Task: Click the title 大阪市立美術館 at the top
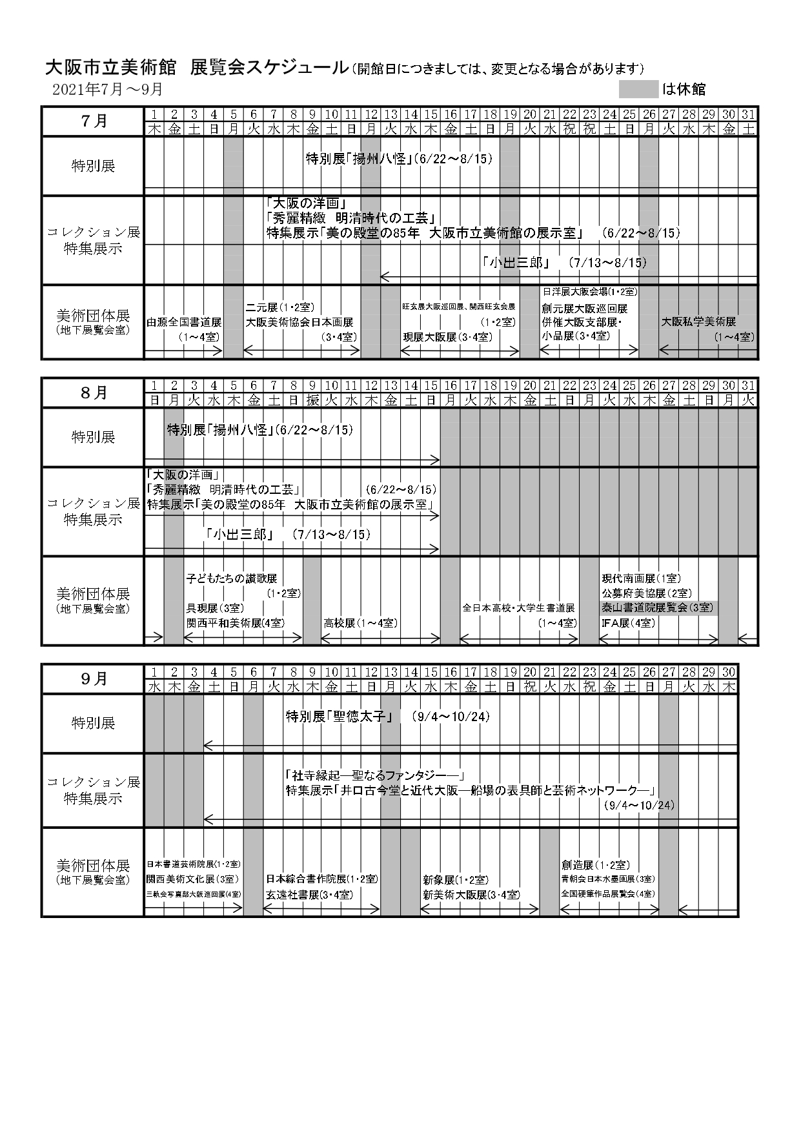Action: click(112, 68)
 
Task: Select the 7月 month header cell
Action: click(94, 121)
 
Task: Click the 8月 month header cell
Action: click(94, 393)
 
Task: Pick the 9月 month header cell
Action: click(94, 679)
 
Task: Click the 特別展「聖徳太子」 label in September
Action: click(343, 716)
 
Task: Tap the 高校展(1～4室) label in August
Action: click(360, 623)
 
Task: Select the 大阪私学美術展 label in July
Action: click(698, 322)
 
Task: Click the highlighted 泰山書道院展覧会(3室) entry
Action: click(658, 607)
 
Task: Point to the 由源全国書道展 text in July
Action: click(184, 322)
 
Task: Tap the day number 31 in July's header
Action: click(748, 114)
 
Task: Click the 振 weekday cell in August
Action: click(312, 400)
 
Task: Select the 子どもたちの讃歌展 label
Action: click(231, 578)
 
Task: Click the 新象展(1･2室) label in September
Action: click(455, 880)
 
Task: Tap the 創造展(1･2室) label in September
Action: click(595, 865)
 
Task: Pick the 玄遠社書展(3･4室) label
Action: click(309, 895)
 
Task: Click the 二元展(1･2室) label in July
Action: click(279, 307)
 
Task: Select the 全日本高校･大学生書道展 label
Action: click(518, 607)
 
